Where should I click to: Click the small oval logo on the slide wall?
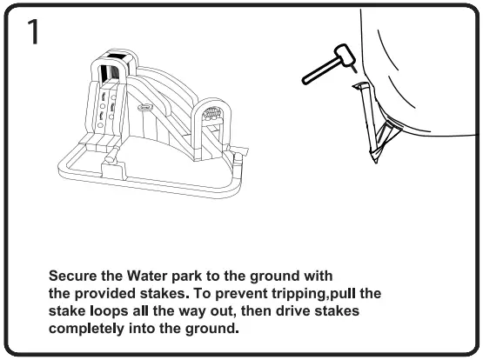point(142,109)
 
